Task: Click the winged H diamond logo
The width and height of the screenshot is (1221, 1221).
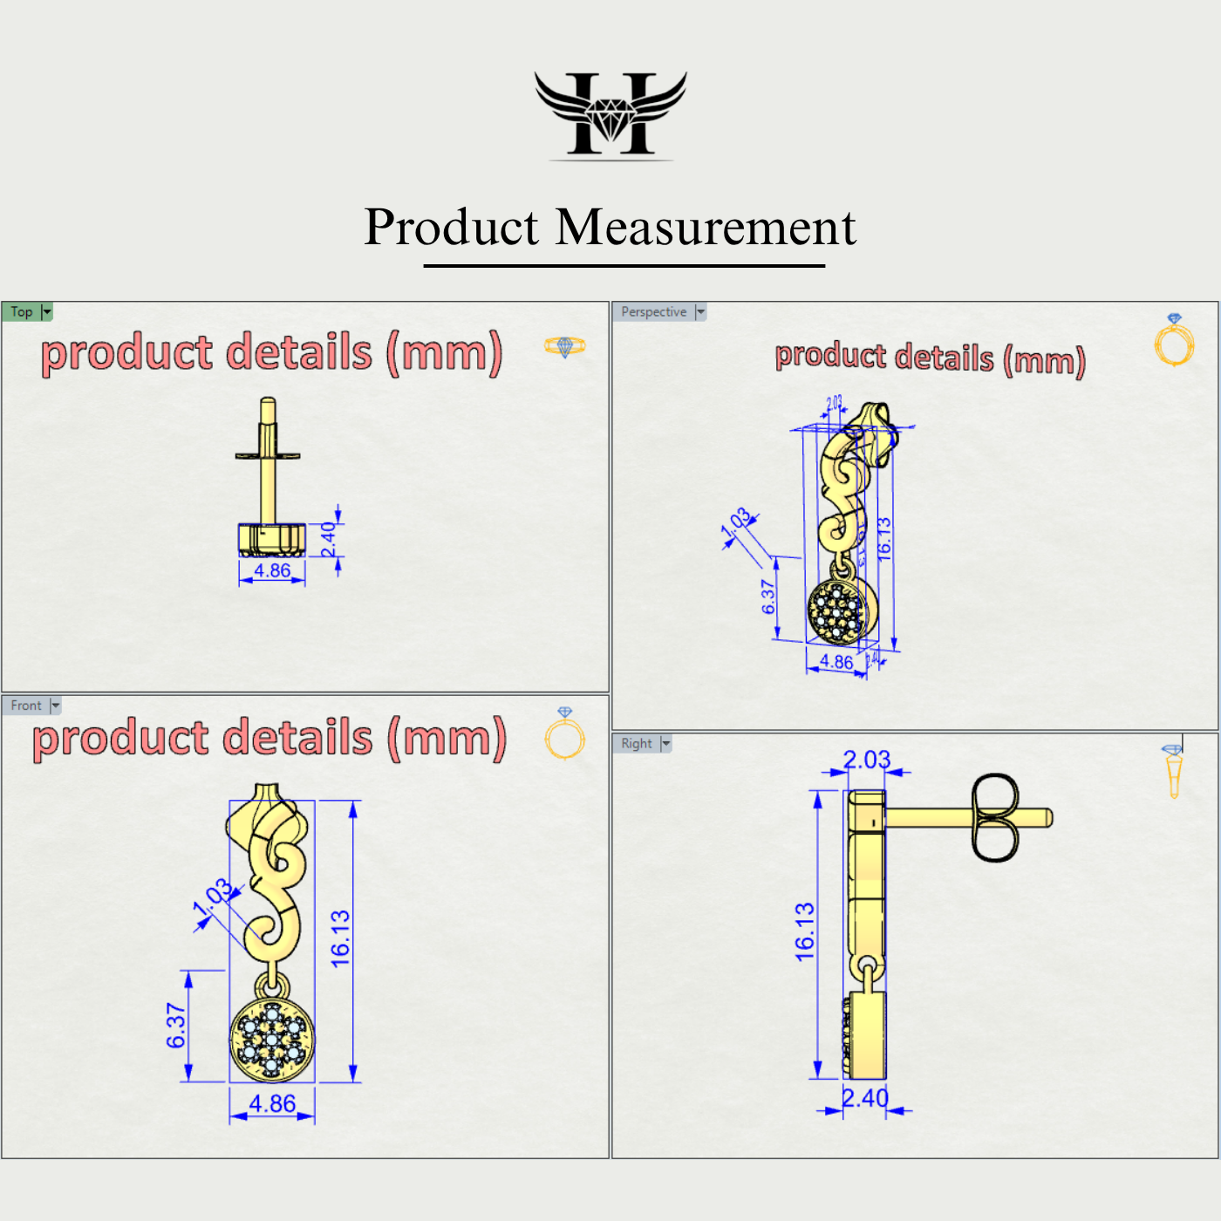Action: (610, 114)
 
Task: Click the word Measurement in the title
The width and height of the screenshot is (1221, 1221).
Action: (706, 228)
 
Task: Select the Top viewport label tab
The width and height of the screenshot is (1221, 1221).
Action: (23, 311)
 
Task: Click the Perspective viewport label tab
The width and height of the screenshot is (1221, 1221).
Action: (654, 311)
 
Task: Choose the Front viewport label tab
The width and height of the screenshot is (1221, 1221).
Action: (26, 705)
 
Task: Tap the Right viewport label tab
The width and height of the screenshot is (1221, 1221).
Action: (637, 743)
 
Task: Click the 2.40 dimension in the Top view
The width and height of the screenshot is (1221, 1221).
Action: (329, 540)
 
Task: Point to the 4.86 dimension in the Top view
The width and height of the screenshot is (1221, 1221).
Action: (272, 570)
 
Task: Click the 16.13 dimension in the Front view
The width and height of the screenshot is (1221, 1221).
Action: (340, 938)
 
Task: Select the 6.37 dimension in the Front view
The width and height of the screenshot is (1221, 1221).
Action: (176, 1026)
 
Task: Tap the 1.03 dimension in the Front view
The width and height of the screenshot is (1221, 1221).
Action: (214, 898)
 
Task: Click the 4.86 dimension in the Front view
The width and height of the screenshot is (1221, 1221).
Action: (272, 1103)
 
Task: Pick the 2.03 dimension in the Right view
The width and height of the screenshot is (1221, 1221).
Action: (866, 760)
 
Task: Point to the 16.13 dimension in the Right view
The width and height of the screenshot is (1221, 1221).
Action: (804, 932)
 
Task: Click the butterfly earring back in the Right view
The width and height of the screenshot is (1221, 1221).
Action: (994, 817)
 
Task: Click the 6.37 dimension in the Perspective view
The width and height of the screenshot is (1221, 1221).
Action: (768, 597)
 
